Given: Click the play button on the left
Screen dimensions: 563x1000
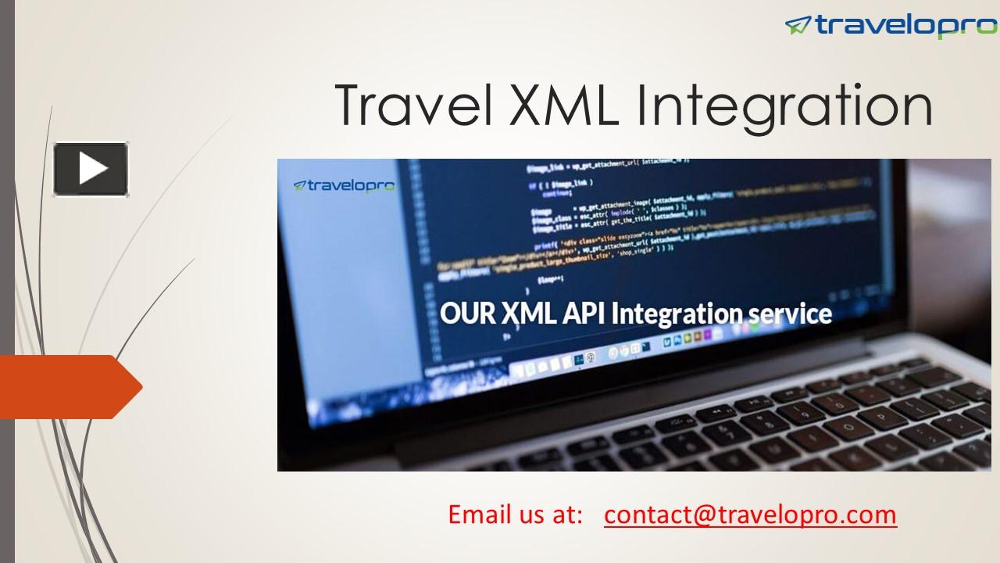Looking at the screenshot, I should pyautogui.click(x=91, y=169).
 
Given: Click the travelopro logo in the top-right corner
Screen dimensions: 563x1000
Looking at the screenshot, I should pyautogui.click(x=891, y=26).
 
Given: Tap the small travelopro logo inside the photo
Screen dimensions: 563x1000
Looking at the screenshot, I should pyautogui.click(x=344, y=186).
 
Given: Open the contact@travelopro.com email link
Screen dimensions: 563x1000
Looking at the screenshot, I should pyautogui.click(x=750, y=515).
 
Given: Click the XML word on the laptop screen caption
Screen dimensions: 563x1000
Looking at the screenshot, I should pyautogui.click(x=529, y=314).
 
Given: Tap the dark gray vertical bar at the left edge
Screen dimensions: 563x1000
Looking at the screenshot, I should pyautogui.click(x=7, y=281).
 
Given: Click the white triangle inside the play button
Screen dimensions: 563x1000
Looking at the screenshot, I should pyautogui.click(x=92, y=169).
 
